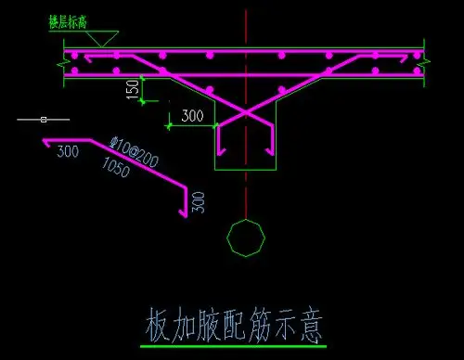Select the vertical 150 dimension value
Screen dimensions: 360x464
(x=134, y=89)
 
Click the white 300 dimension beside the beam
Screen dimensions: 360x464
(x=192, y=117)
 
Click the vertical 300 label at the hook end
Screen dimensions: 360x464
(x=196, y=202)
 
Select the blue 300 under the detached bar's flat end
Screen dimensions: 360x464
(x=67, y=151)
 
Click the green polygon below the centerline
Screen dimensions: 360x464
(x=246, y=238)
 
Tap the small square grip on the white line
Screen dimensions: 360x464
(x=43, y=119)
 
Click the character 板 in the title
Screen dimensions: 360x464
(x=159, y=324)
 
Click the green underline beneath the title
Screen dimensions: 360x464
(x=233, y=345)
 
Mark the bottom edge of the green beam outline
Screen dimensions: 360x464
(x=246, y=171)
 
